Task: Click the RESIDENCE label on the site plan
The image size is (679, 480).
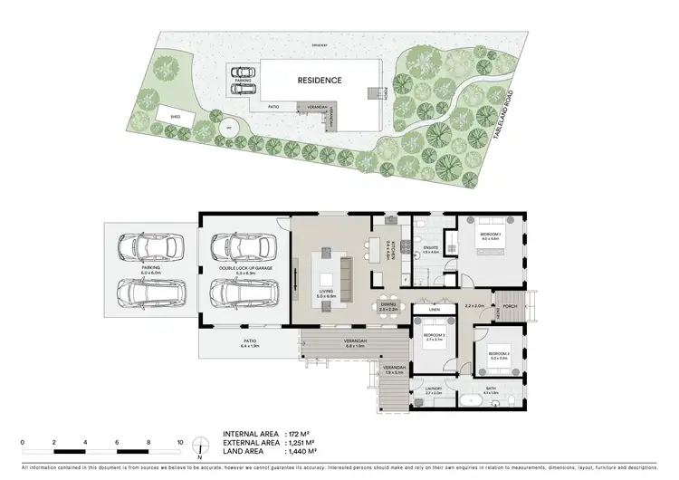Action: coord(320,81)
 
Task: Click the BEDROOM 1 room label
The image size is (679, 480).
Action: coord(489,235)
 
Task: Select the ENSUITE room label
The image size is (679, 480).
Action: coord(431,247)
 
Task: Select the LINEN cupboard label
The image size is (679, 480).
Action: coord(435,310)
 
